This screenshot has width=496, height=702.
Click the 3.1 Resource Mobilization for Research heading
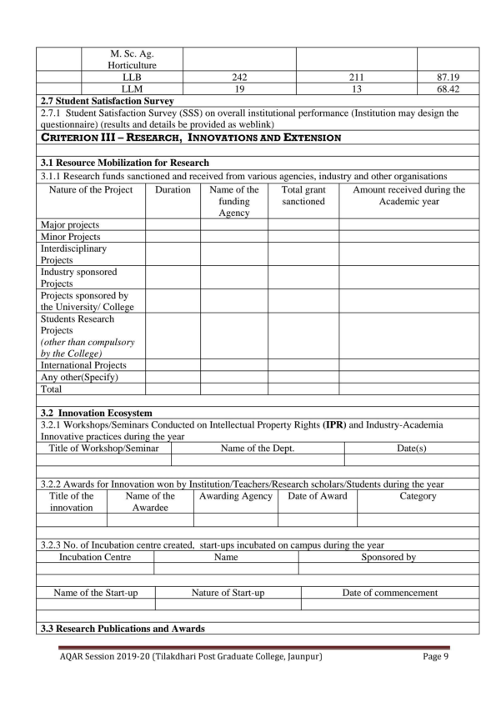coord(125,163)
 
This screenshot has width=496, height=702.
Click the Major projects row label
coord(70,225)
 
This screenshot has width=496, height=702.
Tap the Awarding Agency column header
coord(236,496)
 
